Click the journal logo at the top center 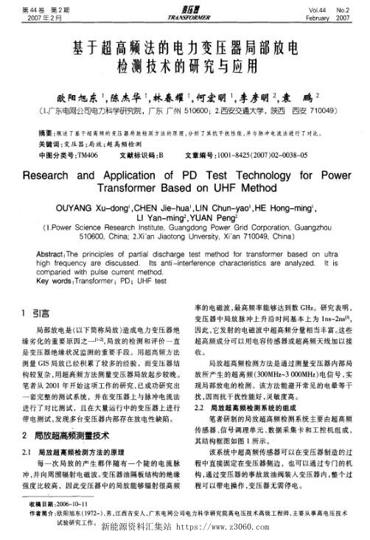pos(184,10)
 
